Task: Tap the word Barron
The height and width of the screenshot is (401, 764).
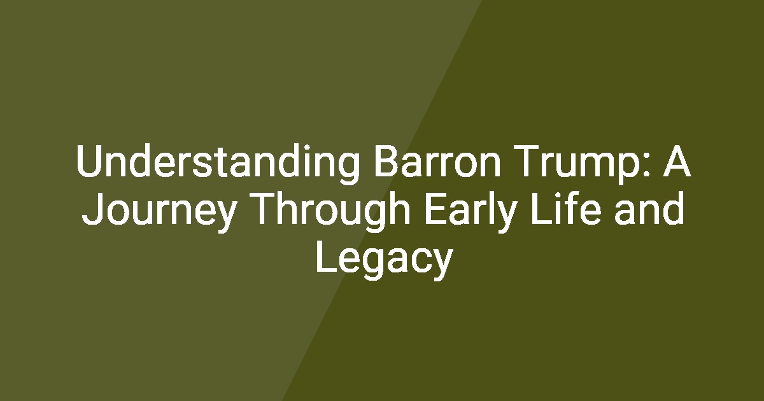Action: coord(437,161)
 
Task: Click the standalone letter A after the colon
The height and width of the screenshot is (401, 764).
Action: coord(677,161)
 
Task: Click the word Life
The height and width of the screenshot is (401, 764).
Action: coord(566,208)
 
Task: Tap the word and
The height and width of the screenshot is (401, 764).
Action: coord(649,208)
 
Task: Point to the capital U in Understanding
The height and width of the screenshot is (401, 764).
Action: coord(90,161)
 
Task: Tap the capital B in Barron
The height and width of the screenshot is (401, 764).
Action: coord(387,161)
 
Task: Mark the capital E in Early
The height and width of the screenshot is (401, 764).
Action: coord(436,209)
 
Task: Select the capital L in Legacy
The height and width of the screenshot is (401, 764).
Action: coord(327,257)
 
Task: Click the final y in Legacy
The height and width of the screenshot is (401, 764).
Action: coord(442,264)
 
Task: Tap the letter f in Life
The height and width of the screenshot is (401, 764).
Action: coord(565,208)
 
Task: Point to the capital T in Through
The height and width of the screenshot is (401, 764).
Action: coord(267,209)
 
